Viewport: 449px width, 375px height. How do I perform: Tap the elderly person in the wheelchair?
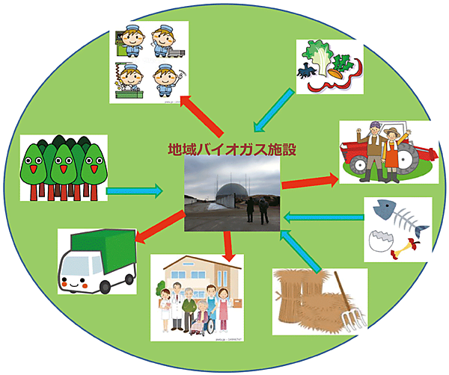(198, 317)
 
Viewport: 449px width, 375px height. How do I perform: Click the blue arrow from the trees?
(135, 191)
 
